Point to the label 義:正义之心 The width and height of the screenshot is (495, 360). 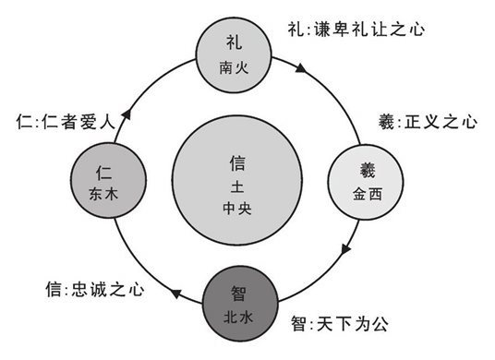pyautogui.click(x=406, y=121)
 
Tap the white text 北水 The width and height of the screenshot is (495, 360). pyautogui.click(x=238, y=315)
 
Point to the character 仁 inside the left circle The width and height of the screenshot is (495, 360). pyautogui.click(x=104, y=171)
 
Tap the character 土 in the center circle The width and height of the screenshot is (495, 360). pyautogui.click(x=236, y=186)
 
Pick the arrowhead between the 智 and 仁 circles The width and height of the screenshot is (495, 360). pyautogui.click(x=174, y=293)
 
